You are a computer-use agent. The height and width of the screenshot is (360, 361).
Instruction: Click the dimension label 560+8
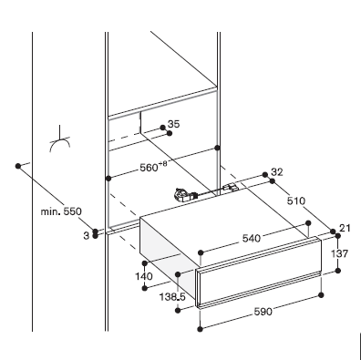153,166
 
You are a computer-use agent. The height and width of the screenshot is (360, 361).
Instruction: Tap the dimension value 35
174,124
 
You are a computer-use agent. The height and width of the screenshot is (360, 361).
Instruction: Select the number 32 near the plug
277,172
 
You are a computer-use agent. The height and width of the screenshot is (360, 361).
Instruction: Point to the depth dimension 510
295,201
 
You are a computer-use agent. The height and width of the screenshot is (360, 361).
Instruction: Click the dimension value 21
345,228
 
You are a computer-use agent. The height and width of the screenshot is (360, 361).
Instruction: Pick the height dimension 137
339,253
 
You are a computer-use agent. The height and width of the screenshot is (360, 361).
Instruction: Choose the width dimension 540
252,239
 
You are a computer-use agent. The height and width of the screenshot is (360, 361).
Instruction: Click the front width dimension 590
263,312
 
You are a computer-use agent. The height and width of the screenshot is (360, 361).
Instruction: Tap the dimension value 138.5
172,296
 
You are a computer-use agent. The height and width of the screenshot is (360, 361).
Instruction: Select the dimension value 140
144,276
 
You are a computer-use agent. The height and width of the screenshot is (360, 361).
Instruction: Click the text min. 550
61,211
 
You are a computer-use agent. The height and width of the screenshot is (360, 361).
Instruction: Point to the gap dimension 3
87,235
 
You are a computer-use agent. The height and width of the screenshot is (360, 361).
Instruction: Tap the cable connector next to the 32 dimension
231,188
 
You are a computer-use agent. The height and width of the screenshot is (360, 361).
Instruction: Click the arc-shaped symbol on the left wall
60,144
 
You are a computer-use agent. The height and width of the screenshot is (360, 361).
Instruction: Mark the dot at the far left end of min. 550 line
18,166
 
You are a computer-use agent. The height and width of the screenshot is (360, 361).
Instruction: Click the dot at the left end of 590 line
200,329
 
